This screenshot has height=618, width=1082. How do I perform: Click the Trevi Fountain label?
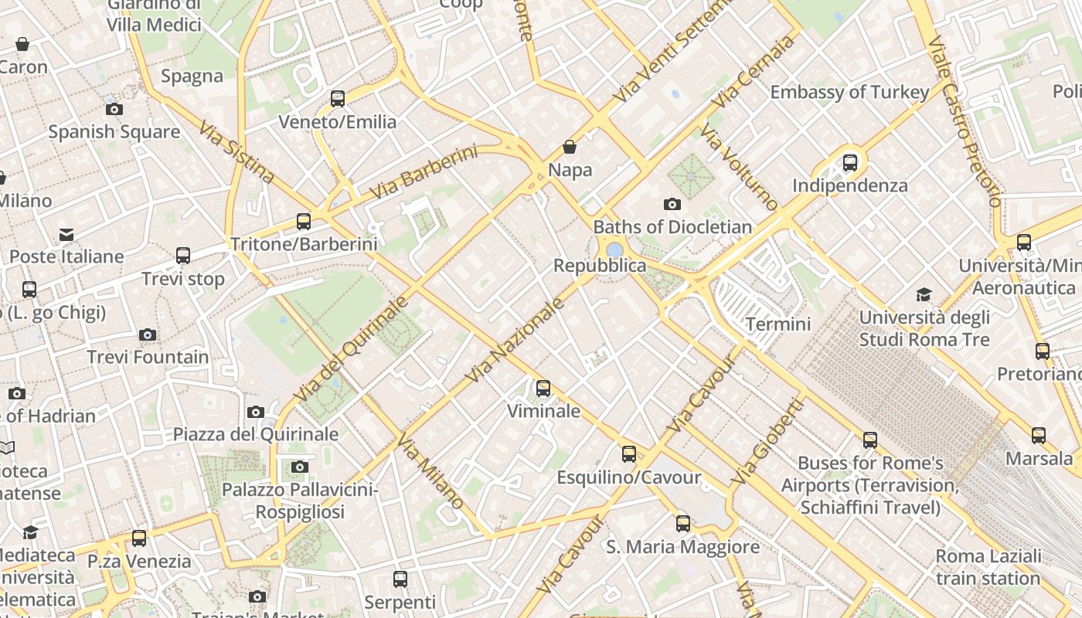[x=148, y=357]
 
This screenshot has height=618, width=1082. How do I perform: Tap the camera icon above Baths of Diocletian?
[x=672, y=205]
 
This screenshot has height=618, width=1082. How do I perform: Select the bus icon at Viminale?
[x=543, y=389]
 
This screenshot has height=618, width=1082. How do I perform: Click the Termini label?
[x=778, y=324]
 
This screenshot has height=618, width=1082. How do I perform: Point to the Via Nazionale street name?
[x=515, y=340]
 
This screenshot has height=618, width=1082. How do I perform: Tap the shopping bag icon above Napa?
[x=570, y=147]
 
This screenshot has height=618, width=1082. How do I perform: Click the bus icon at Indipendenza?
[x=850, y=163]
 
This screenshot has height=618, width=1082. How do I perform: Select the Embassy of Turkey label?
[x=849, y=92]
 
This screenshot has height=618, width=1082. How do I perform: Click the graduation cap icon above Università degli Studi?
[x=924, y=294]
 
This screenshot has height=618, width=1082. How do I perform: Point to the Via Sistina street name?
[x=236, y=152]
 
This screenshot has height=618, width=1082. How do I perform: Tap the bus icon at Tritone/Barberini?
[x=304, y=222]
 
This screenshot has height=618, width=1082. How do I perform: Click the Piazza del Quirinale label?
[x=256, y=434]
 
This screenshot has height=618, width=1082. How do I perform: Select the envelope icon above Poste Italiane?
[x=66, y=235]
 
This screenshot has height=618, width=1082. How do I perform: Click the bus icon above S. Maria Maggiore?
[x=683, y=524]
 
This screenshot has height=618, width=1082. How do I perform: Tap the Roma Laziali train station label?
[x=988, y=567]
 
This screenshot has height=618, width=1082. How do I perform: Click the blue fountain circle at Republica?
[x=615, y=250]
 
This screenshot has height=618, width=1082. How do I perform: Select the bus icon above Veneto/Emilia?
[x=338, y=99]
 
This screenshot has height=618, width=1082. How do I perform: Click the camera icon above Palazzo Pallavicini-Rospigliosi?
[x=300, y=467]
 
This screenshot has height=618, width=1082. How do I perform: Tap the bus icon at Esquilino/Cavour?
[x=629, y=454]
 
